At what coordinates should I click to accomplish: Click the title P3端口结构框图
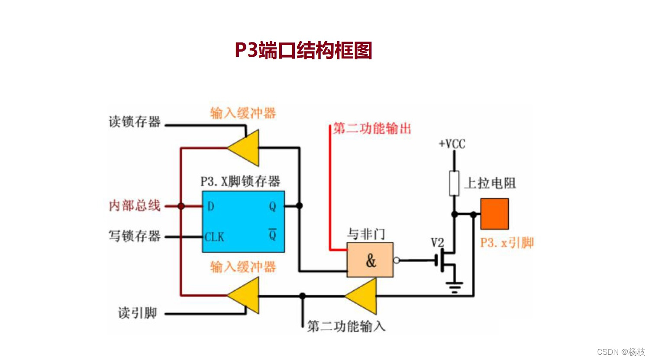tap(303, 50)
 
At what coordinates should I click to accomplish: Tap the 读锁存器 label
tap(134, 122)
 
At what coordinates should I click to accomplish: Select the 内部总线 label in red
tap(134, 205)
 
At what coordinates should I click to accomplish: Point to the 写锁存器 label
tap(134, 236)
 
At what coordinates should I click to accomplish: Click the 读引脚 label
tap(137, 313)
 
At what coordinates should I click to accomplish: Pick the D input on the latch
tap(211, 206)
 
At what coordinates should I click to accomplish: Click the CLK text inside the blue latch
tap(214, 237)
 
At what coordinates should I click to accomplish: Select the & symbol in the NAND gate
tap(371, 261)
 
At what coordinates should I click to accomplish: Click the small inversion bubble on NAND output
tap(396, 260)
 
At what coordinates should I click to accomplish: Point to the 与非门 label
tap(366, 234)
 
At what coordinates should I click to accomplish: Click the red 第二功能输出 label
tap(371, 128)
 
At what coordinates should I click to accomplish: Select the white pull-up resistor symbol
tap(454, 183)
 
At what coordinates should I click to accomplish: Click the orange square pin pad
tap(494, 214)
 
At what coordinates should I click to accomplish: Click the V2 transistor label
tap(437, 243)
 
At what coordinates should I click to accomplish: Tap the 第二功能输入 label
tap(346, 326)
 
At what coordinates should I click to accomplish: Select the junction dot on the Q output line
tap(299, 206)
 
